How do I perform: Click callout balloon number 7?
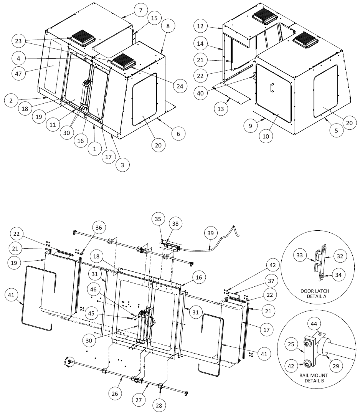pyautogui.click(x=141, y=10)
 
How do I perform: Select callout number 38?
pyautogui.click(x=177, y=223)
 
